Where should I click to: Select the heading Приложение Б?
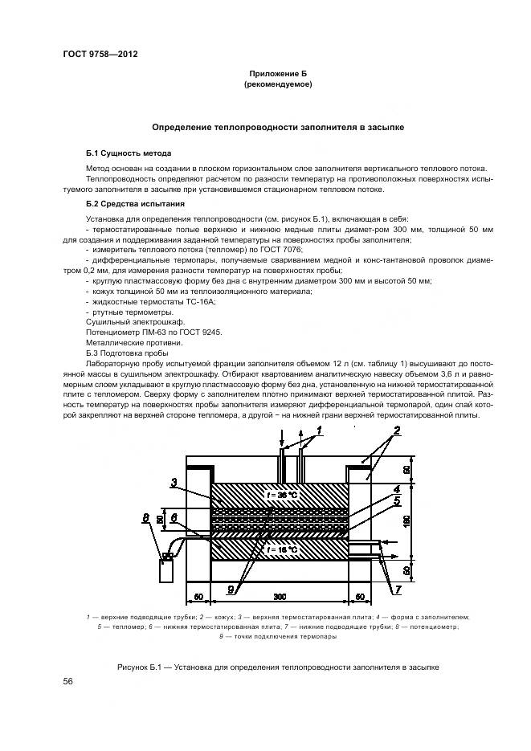277,74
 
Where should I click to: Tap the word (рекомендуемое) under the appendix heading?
277,84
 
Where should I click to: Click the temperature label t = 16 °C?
277,550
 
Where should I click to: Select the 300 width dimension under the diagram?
278,598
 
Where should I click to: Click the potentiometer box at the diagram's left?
167,570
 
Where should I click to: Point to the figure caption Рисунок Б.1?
277,667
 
